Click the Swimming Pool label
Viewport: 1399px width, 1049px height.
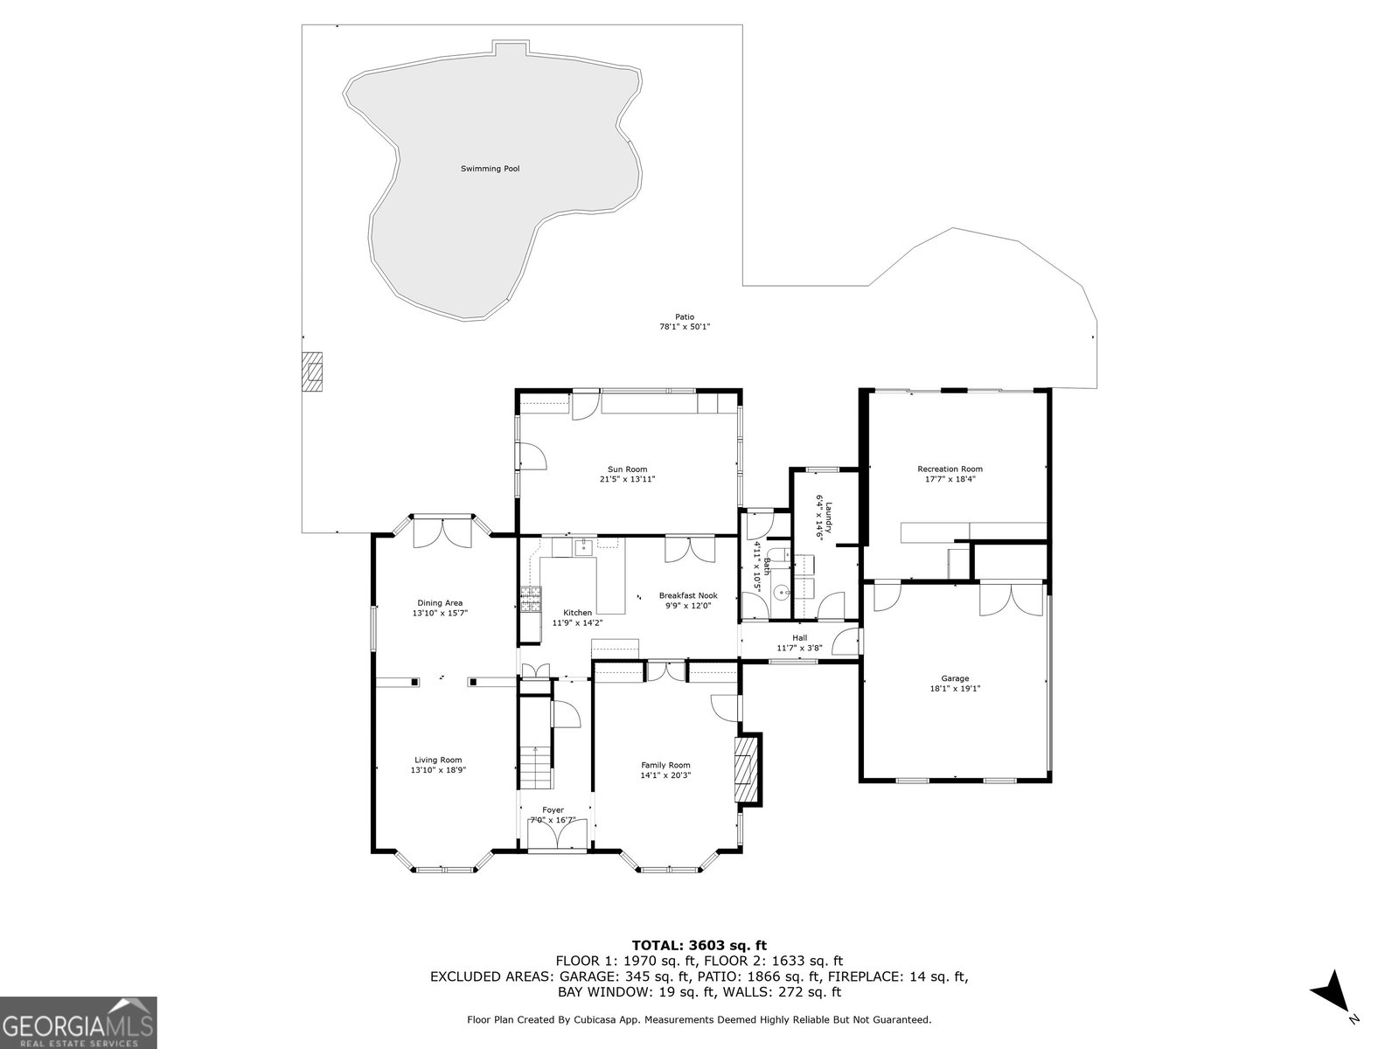pyautogui.click(x=491, y=169)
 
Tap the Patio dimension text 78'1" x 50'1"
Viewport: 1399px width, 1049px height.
pyautogui.click(x=685, y=327)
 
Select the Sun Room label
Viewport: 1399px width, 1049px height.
pyautogui.click(x=627, y=469)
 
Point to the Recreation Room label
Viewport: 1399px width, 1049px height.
pyautogui.click(x=950, y=469)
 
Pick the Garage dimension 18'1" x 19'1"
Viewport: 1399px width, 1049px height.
pyautogui.click(x=954, y=689)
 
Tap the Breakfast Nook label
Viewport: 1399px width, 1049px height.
pyautogui.click(x=688, y=595)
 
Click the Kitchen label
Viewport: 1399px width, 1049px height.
pyautogui.click(x=577, y=613)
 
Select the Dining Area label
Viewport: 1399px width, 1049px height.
pyautogui.click(x=440, y=603)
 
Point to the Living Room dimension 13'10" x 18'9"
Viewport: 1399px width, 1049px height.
pyautogui.click(x=439, y=770)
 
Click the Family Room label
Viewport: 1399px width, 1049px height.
pyautogui.click(x=665, y=766)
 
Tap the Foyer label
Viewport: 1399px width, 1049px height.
pyautogui.click(x=553, y=810)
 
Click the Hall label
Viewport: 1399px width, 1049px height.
pyautogui.click(x=799, y=638)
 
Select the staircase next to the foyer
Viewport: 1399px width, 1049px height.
pyautogui.click(x=535, y=767)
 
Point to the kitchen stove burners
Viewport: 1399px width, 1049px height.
pyautogui.click(x=530, y=600)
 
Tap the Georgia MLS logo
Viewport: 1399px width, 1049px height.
pyautogui.click(x=78, y=1023)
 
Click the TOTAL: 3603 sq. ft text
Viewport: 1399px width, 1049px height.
pyautogui.click(x=699, y=945)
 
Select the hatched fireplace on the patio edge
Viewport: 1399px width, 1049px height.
pyautogui.click(x=311, y=372)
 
